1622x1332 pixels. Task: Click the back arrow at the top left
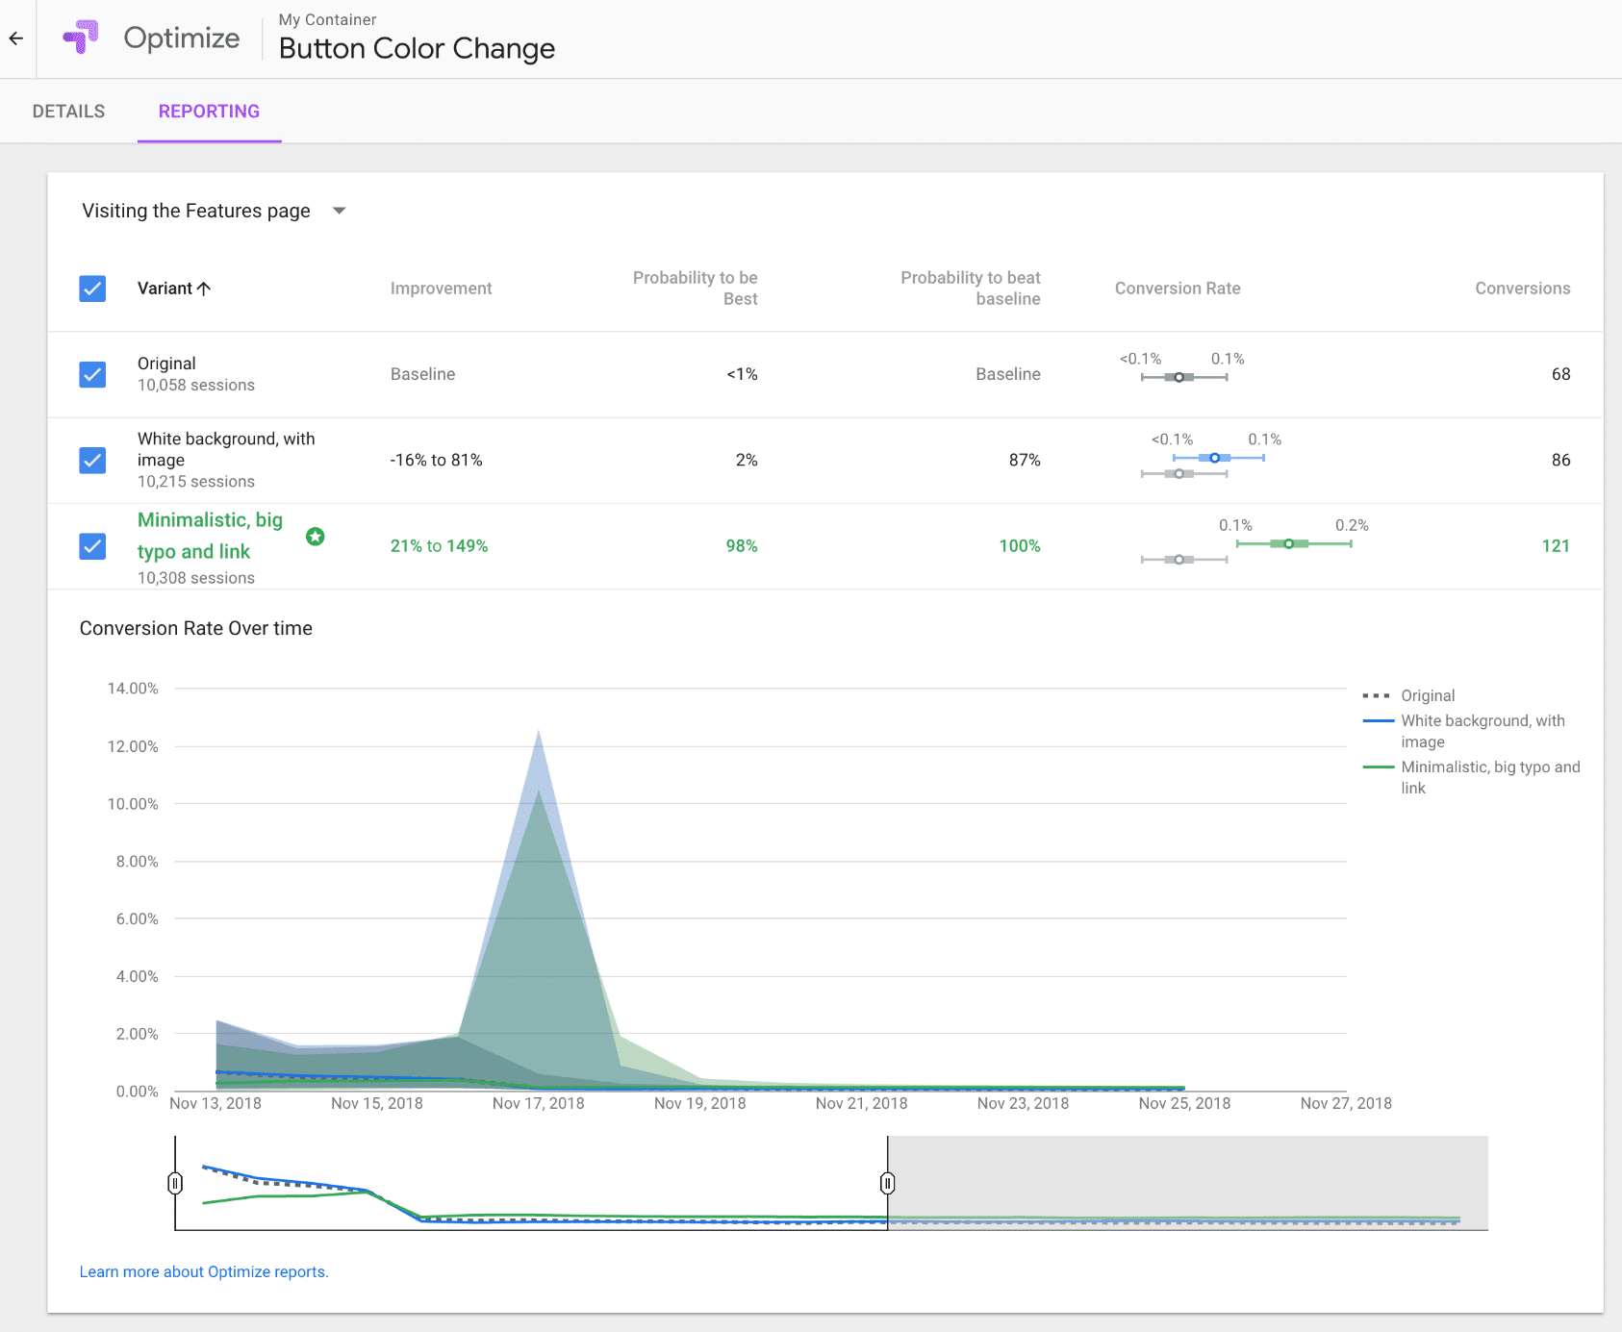(x=16, y=38)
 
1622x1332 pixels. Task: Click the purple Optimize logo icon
(x=81, y=38)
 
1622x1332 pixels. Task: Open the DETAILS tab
(x=68, y=112)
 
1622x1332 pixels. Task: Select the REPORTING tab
(x=209, y=112)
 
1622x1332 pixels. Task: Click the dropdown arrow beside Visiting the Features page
(x=339, y=211)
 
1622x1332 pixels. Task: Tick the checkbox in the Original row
(x=92, y=374)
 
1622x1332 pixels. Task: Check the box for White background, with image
(x=92, y=460)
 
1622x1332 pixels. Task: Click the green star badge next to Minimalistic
(x=315, y=537)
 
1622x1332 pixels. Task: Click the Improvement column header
(x=441, y=289)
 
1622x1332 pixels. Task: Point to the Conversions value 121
(x=1555, y=546)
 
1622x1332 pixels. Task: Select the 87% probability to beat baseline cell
(x=1024, y=460)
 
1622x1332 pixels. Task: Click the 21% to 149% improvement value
(x=439, y=546)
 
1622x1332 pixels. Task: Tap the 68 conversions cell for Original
(x=1560, y=374)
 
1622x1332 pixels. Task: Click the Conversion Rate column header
(x=1177, y=289)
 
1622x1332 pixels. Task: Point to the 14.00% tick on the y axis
(x=133, y=689)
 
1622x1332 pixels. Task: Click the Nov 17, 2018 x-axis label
(x=538, y=1103)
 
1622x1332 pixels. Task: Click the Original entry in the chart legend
(x=1427, y=695)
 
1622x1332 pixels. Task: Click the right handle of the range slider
(x=887, y=1183)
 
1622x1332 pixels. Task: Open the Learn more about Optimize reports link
(x=204, y=1271)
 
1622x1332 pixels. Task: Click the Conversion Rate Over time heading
(x=196, y=628)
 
